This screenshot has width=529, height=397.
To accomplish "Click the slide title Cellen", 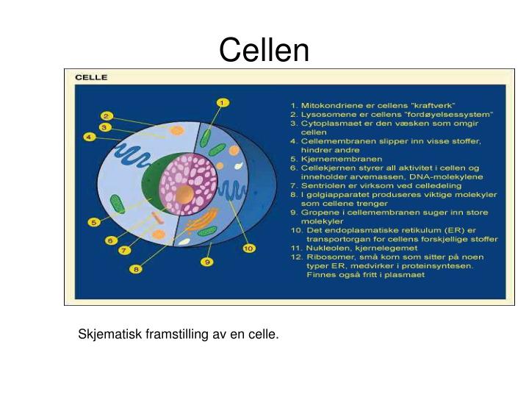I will pos(264,50).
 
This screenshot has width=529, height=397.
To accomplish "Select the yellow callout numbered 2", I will pos(106,116).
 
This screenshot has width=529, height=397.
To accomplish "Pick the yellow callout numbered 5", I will pos(94,222).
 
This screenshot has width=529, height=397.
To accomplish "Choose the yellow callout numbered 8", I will pos(137,270).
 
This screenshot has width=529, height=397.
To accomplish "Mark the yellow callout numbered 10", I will pos(248,248).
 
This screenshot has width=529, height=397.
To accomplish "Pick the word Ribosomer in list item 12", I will pos(327,257).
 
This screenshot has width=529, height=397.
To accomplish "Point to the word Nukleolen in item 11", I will pos(327,248).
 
